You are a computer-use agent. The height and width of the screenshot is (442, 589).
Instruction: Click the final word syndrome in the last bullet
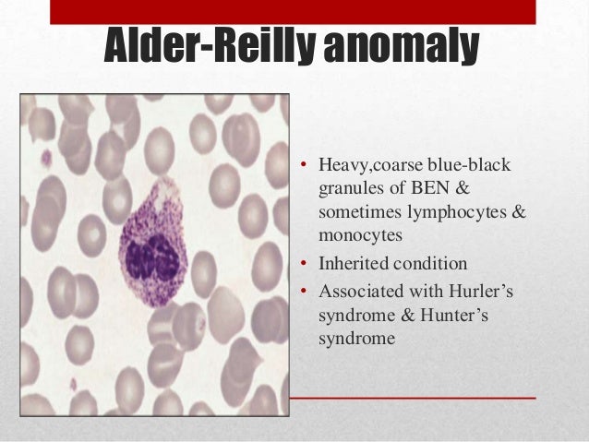356,339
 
